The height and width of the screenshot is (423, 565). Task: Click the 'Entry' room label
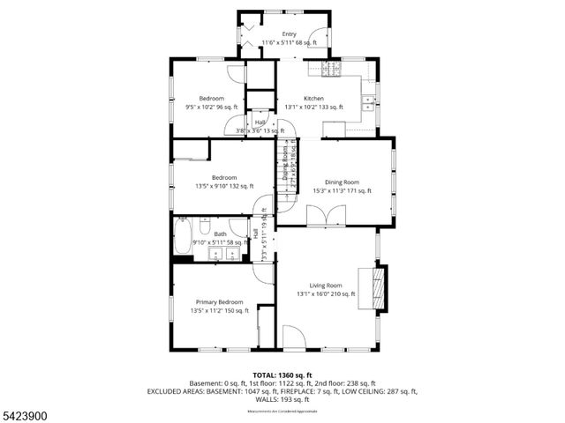[290, 33]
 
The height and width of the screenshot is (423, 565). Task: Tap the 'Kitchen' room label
[313, 98]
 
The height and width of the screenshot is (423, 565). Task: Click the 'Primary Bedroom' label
[219, 301]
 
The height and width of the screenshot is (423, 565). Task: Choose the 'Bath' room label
[219, 234]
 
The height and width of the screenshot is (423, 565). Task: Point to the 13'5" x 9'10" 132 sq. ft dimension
[223, 186]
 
